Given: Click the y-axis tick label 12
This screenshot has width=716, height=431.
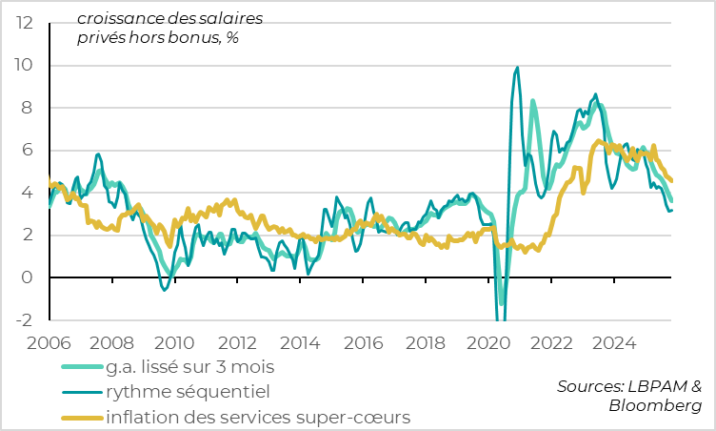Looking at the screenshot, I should (22, 23).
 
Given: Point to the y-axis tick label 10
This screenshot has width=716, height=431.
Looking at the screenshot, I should (22, 66).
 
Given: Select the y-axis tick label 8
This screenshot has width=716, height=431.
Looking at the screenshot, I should (27, 108).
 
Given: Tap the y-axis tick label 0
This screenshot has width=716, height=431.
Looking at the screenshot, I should (27, 277).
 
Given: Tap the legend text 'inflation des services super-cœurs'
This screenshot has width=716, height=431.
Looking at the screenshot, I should (259, 417).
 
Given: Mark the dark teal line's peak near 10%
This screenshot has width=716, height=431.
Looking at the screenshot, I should (517, 68).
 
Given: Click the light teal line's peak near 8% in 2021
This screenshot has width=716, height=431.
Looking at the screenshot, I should (532, 100).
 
